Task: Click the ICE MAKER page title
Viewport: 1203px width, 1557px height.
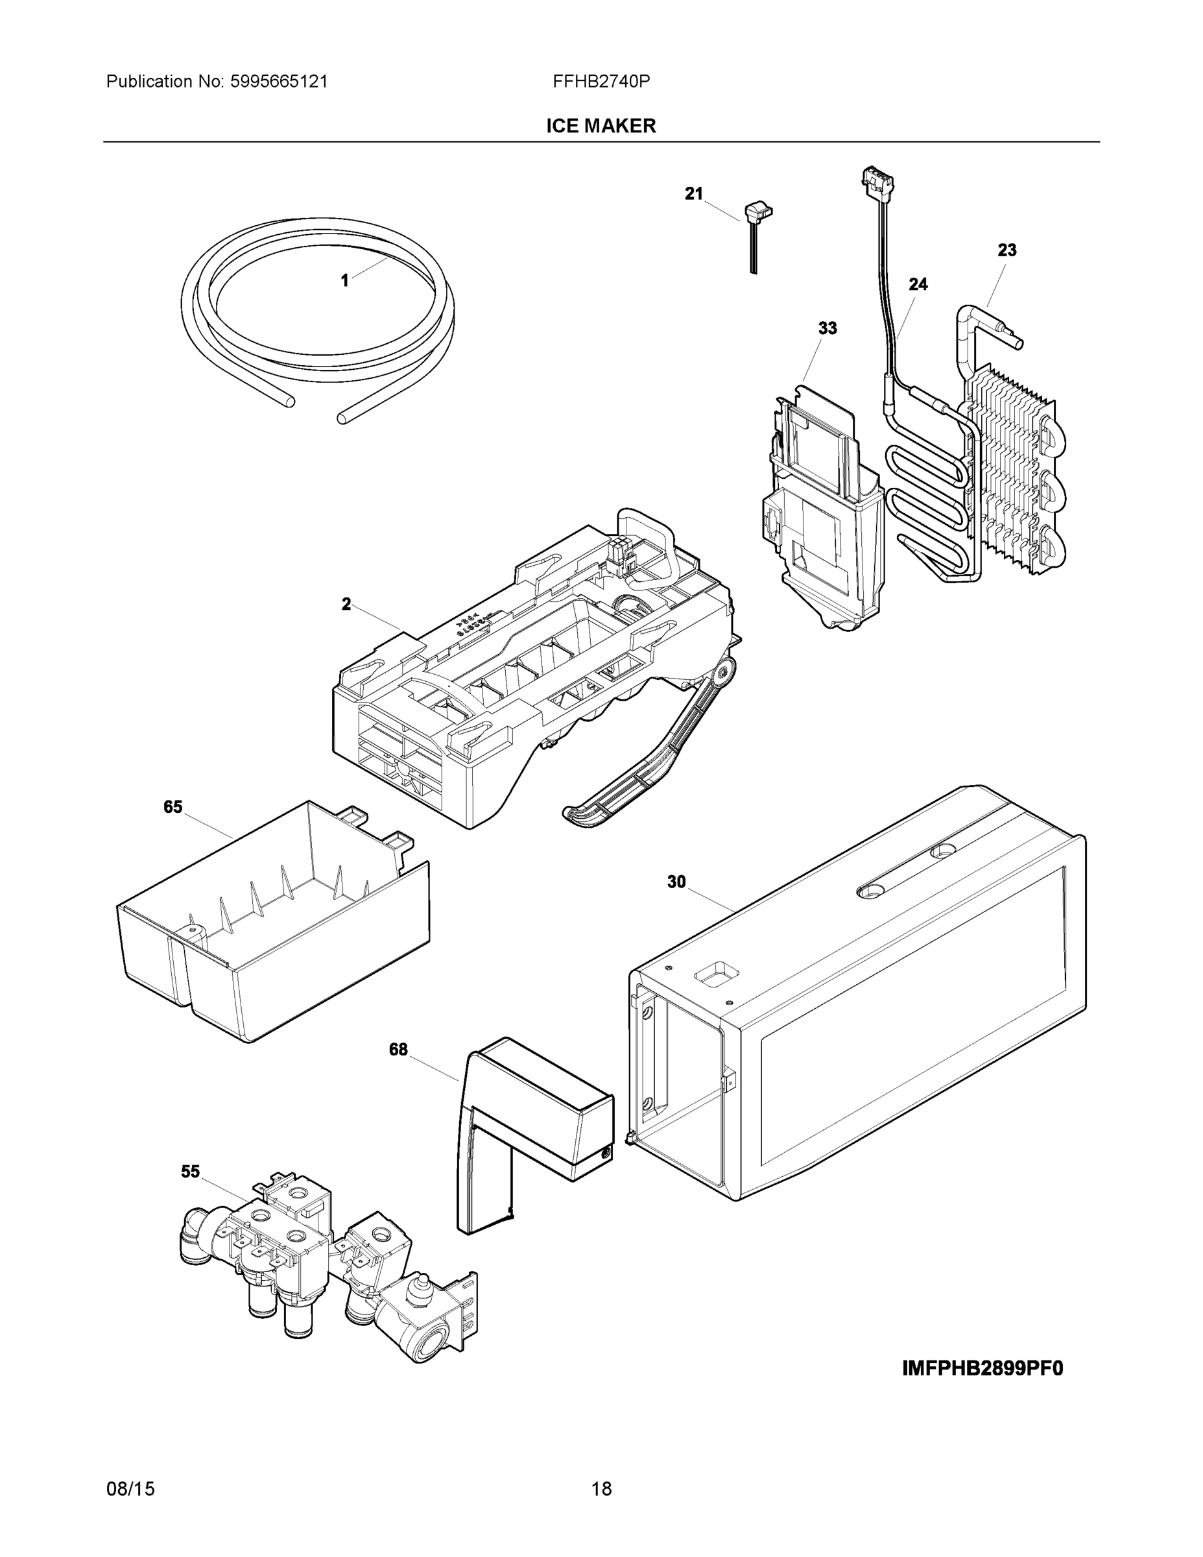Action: (601, 127)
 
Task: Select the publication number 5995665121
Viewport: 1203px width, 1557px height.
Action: (278, 81)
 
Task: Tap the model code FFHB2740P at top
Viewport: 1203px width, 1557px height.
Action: (601, 81)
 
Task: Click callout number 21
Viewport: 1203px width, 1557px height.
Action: (693, 193)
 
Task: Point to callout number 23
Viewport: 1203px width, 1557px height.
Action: (1006, 250)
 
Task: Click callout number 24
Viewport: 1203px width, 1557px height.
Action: (918, 284)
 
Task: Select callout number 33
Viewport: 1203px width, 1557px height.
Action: (827, 329)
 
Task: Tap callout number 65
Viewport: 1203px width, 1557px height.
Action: (173, 807)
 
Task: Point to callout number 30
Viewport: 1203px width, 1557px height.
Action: (676, 882)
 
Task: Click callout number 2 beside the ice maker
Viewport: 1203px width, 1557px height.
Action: (346, 605)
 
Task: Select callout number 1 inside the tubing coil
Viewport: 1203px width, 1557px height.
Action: (345, 281)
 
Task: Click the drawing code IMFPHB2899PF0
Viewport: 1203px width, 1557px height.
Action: (982, 1369)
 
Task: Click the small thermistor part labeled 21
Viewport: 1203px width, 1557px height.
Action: (757, 214)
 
